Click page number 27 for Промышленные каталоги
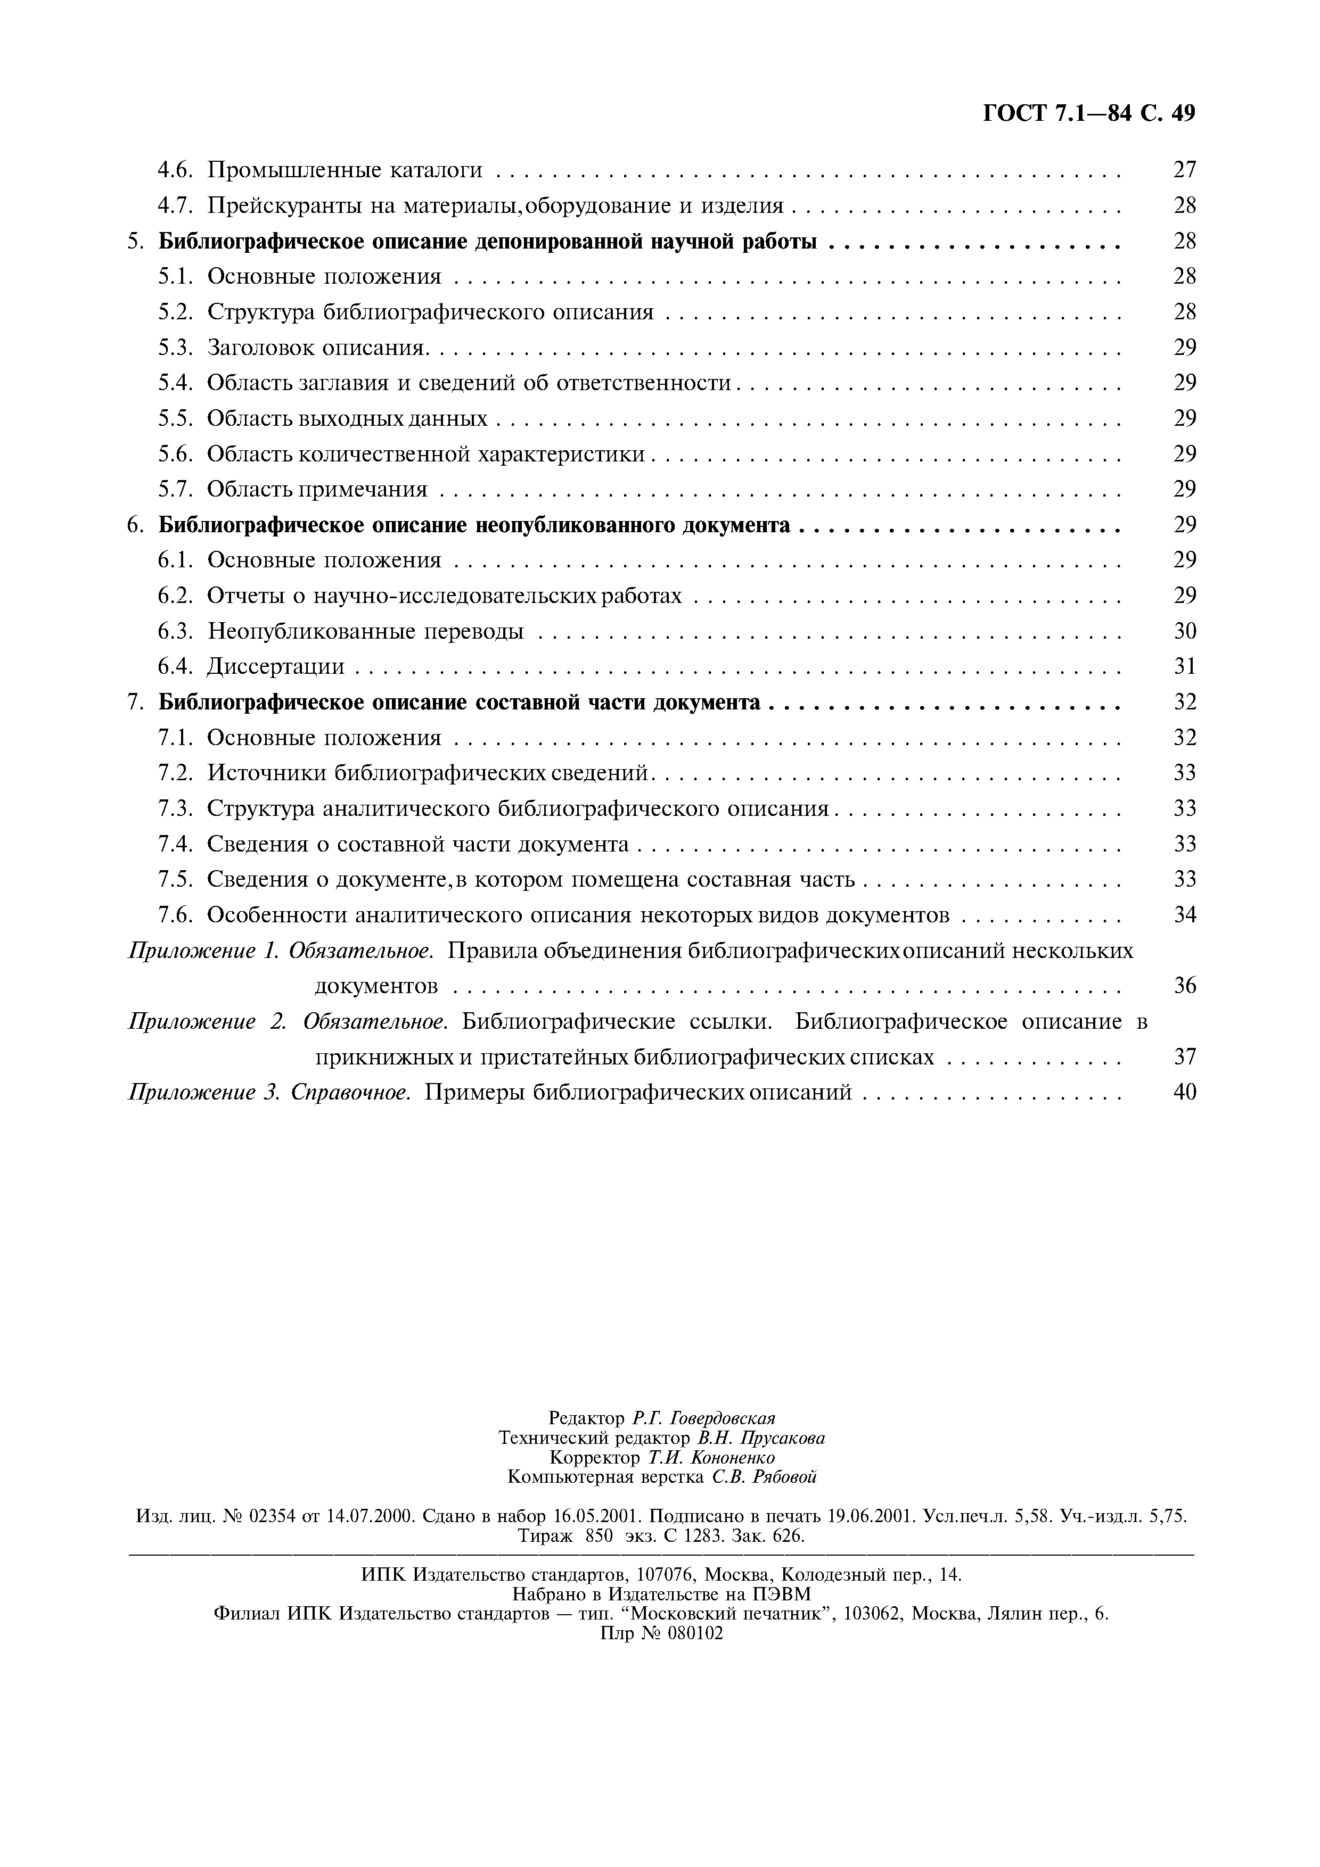point(1184,170)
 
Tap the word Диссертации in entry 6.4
point(276,667)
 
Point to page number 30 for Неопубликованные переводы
point(1184,631)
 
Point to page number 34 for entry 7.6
point(1184,915)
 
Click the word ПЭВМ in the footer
point(781,1594)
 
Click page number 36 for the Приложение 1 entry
point(1184,986)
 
